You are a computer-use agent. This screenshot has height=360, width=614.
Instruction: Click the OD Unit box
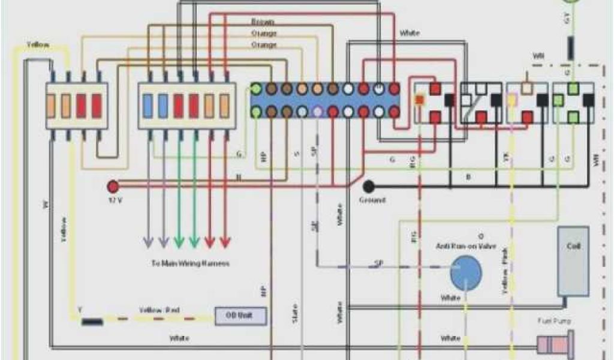click(x=240, y=316)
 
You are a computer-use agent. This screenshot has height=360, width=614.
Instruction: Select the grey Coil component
click(x=573, y=261)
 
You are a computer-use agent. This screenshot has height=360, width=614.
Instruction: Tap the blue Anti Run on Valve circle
click(x=466, y=272)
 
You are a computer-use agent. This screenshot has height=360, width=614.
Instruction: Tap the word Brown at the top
click(x=264, y=21)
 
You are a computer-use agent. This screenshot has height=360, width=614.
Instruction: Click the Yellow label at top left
click(x=38, y=46)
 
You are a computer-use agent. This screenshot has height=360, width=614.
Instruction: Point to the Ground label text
click(x=372, y=200)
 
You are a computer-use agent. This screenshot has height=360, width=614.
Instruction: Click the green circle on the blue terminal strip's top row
click(x=256, y=89)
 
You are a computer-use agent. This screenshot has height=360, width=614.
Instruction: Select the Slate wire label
click(x=295, y=314)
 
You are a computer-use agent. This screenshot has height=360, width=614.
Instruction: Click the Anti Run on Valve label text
click(x=466, y=246)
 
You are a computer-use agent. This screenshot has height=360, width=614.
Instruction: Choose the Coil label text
click(x=573, y=246)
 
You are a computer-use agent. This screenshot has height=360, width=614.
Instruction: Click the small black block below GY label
click(x=571, y=48)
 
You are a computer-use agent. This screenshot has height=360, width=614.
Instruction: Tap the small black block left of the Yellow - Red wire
click(x=92, y=322)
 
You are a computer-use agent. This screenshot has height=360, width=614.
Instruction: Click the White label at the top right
click(x=410, y=33)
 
